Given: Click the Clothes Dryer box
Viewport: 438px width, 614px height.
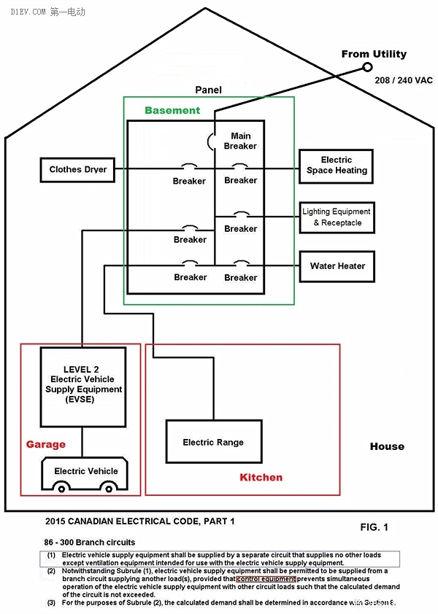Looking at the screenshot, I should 77,170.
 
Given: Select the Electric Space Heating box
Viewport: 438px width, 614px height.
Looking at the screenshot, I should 336,166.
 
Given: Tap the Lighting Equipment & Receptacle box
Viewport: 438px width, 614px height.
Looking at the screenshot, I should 337,217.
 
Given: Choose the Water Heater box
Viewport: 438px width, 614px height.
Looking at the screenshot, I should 337,266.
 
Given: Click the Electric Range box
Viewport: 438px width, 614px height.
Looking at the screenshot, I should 213,442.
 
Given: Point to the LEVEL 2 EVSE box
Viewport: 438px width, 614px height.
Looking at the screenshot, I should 82,386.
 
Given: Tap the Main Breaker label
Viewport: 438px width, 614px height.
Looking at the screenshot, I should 240,141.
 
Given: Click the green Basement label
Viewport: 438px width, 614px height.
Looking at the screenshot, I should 172,111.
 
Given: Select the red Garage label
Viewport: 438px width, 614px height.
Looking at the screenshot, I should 45,444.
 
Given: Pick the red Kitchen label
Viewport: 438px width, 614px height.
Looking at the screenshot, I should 261,478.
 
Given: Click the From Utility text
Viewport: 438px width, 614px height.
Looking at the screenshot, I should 374,54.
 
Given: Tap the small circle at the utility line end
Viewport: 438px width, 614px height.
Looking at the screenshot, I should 366,68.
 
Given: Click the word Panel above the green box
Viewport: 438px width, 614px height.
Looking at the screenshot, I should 208,90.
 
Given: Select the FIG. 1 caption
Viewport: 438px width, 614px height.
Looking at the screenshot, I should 374,526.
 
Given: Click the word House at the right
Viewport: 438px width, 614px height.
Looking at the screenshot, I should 387,446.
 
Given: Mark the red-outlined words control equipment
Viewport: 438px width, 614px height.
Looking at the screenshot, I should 266,579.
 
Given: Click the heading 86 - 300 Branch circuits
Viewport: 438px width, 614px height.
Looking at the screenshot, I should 90,543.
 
